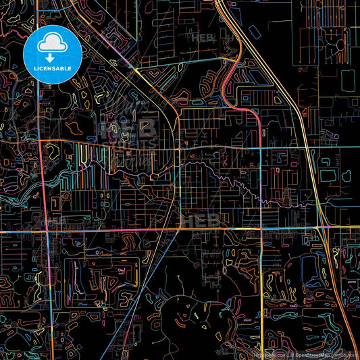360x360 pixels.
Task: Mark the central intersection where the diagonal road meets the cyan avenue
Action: pyautogui.click(x=178, y=147)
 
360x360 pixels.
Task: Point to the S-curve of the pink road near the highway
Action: pyautogui.click(x=233, y=68)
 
